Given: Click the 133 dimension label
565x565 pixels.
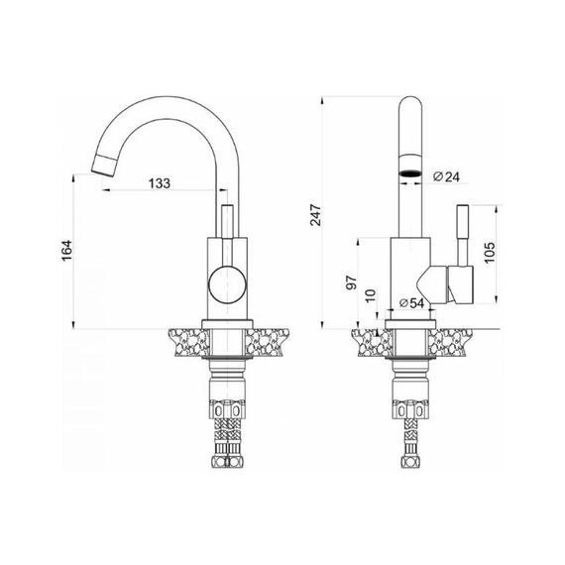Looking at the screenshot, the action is (x=160, y=183).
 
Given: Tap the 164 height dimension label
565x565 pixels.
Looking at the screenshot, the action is (x=66, y=251).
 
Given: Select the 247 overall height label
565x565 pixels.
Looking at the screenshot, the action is (x=315, y=215).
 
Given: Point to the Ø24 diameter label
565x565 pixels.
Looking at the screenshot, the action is (x=446, y=176).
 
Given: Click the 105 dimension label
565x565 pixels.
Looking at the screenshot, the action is (x=490, y=253).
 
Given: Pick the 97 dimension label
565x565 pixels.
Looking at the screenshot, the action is (x=351, y=282).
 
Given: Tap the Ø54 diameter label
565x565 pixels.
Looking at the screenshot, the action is (x=412, y=303).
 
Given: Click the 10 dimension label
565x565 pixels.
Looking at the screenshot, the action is (x=371, y=295).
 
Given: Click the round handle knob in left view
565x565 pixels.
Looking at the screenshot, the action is (x=228, y=284).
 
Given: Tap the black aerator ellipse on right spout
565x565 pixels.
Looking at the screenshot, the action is (x=409, y=173).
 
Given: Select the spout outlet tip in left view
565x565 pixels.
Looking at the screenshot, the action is (x=103, y=165).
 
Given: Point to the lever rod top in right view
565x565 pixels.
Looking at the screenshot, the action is (x=463, y=206).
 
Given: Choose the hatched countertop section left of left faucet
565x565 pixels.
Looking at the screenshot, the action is (x=188, y=342).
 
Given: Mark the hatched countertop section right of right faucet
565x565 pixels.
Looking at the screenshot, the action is (x=450, y=342).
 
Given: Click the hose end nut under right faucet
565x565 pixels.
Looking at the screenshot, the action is (x=409, y=461).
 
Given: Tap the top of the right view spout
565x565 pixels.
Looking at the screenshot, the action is (x=410, y=98).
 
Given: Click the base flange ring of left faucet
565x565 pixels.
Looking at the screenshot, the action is (x=227, y=324).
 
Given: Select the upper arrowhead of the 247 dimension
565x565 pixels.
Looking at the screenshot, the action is (x=323, y=99).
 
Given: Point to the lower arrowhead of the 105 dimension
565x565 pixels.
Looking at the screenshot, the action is (x=497, y=299).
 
